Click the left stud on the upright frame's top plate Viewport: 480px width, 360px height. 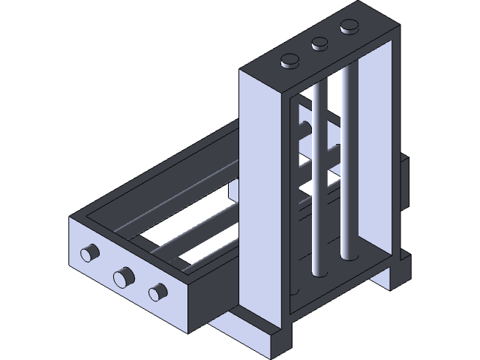tap(289, 61)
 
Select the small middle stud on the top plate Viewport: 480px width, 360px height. tap(320, 43)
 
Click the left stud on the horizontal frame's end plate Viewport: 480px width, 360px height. tap(90, 253)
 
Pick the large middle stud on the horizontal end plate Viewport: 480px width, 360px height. tap(122, 277)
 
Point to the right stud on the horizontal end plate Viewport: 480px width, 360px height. tap(157, 292)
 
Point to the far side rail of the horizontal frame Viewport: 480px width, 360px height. tap(172, 161)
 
